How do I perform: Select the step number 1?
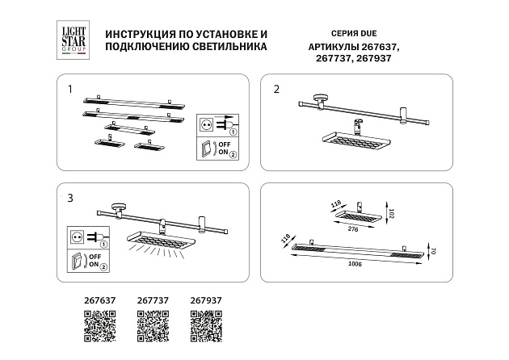point(70,89)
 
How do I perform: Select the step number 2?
point(276,89)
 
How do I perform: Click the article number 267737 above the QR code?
point(153,300)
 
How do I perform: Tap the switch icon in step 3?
point(78,260)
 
